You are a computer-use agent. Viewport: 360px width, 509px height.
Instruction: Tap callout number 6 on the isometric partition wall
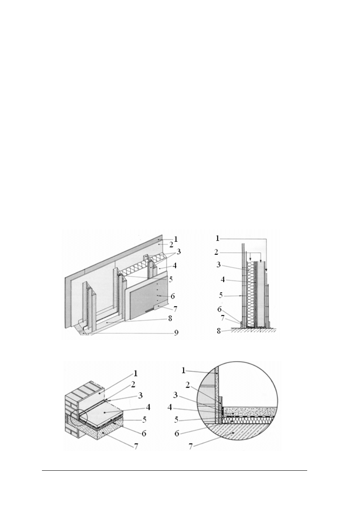(173, 296)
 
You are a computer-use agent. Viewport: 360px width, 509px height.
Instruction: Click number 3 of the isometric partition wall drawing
(179, 251)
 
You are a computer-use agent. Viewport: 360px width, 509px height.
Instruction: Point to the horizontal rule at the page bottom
(175, 470)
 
